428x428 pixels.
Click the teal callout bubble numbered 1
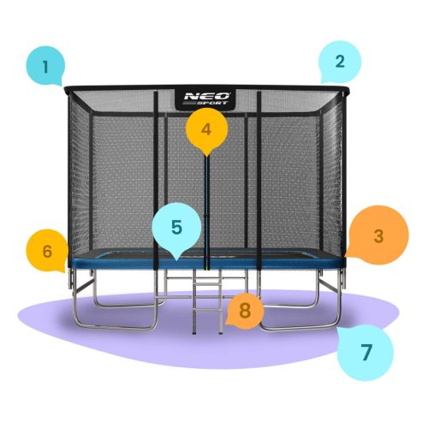click(46, 64)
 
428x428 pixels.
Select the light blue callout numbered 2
click(339, 62)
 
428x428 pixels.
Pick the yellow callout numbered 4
click(205, 130)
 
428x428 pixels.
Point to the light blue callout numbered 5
click(175, 229)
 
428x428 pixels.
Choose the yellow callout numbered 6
click(47, 251)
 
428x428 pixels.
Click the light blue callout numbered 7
click(366, 352)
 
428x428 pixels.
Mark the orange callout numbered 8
click(245, 310)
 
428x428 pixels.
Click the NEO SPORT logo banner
click(206, 98)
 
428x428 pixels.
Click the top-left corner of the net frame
click(65, 87)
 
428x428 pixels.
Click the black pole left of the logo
click(156, 171)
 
